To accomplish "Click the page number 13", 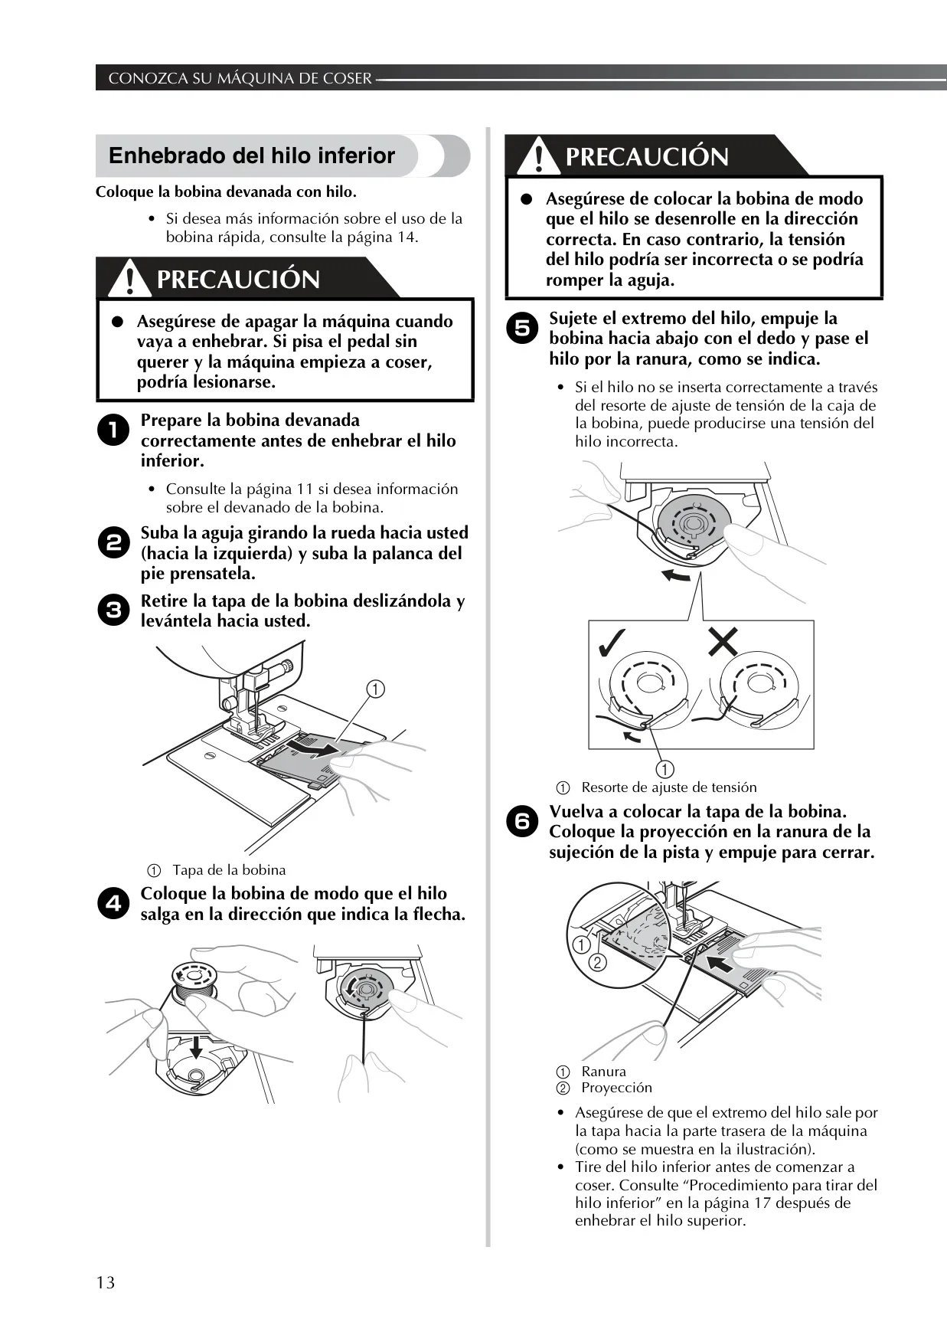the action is click(x=106, y=1282).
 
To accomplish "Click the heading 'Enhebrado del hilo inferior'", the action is click(x=252, y=155).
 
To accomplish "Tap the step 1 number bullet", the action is click(x=113, y=430).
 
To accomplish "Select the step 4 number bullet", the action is click(x=113, y=904).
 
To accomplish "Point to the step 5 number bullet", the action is click(x=521, y=329).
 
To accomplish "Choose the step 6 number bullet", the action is click(x=521, y=822).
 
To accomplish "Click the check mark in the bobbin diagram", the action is click(x=613, y=643).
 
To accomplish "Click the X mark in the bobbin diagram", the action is click(x=723, y=641).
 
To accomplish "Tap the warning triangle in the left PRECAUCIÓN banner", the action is click(x=128, y=280).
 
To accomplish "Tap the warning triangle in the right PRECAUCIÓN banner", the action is click(x=537, y=156).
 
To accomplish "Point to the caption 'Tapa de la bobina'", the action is click(x=229, y=870).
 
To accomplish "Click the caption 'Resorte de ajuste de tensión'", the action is click(x=669, y=787).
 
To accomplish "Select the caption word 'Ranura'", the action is click(x=603, y=1072).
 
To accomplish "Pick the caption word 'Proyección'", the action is click(x=616, y=1088).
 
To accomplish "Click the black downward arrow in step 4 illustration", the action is click(x=196, y=1046).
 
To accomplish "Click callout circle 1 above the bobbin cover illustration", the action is click(x=374, y=689).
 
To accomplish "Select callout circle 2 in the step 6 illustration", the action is click(x=599, y=962).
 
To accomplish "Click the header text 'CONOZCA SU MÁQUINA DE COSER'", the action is click(x=240, y=78).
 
